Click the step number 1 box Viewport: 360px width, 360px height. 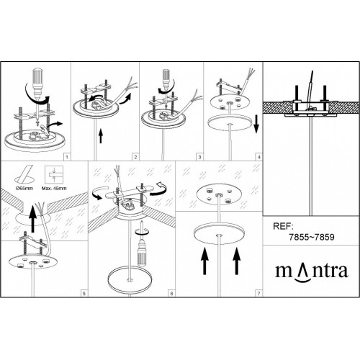click(x=67, y=157)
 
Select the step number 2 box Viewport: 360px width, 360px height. click(x=135, y=157)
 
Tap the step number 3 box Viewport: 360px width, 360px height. click(x=199, y=157)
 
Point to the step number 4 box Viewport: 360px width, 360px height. click(x=258, y=157)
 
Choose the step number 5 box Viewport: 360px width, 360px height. click(x=84, y=293)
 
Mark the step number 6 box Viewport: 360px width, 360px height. click(x=171, y=293)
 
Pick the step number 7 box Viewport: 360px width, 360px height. click(x=258, y=293)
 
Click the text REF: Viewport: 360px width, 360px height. click(x=283, y=226)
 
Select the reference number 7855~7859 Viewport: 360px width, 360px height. click(x=311, y=237)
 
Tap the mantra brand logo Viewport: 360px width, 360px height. click(x=312, y=271)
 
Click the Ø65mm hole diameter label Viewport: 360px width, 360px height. click(x=24, y=189)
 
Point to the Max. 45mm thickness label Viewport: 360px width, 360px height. click(x=54, y=189)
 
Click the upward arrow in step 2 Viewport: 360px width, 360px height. click(x=101, y=136)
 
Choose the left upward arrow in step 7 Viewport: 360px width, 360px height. click(x=204, y=261)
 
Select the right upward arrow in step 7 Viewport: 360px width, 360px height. click(x=237, y=261)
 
